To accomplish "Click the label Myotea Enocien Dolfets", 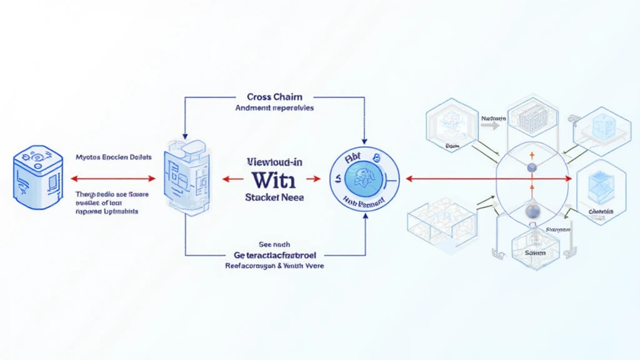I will tap(112, 158).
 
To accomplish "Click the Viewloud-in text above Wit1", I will tap(275, 162).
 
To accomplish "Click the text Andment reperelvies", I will tap(274, 107).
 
